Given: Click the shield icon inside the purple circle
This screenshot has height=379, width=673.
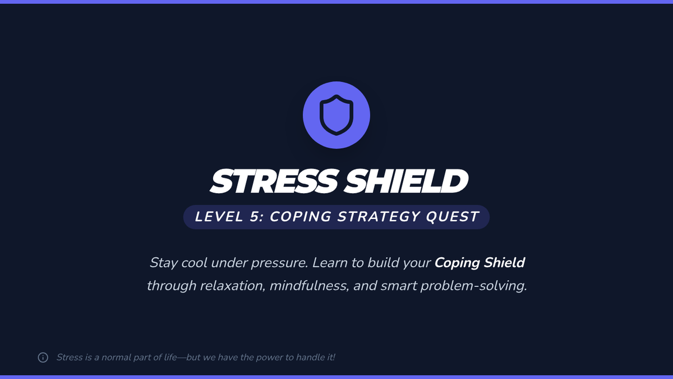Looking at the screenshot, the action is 336,115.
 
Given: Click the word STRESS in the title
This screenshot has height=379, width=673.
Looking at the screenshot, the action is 274,181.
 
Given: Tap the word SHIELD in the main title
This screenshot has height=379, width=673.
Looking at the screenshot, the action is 406,181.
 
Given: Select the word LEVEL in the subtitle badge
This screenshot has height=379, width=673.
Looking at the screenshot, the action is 219,217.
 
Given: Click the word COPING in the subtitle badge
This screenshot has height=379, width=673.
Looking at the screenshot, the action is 300,217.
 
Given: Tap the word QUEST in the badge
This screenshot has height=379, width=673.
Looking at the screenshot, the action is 453,217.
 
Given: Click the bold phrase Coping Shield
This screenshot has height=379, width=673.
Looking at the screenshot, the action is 480,263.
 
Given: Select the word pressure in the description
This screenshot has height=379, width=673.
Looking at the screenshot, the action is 279,263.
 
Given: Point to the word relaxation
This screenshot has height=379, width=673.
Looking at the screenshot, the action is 233,286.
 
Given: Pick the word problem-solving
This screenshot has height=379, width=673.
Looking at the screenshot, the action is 474,286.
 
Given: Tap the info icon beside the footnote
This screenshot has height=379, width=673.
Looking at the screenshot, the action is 43,357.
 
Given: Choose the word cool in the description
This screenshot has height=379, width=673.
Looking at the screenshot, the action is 194,263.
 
